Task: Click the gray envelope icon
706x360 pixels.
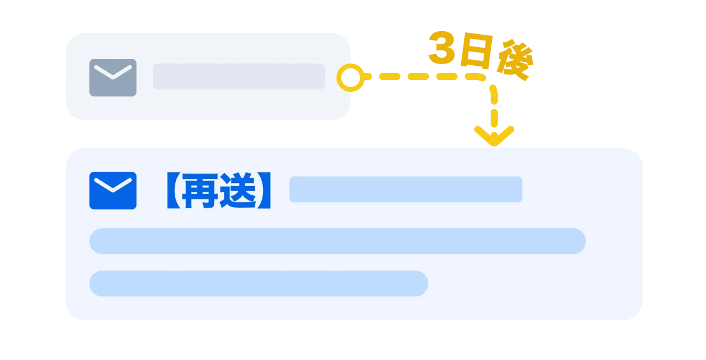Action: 113,78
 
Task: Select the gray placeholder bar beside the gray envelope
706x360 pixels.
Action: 238,76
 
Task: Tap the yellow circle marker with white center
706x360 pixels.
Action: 351,78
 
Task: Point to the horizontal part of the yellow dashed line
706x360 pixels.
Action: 424,77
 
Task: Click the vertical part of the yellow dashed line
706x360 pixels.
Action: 494,106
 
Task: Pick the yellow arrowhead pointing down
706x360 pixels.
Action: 494,135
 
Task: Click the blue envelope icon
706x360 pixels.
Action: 113,190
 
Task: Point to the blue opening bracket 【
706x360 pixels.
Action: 168,191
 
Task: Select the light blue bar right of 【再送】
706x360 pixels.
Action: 405,189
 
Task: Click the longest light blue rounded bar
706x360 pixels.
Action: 337,241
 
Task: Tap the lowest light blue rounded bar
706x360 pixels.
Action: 258,284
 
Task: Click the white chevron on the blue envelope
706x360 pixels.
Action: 113,186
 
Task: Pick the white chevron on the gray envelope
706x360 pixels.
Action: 113,73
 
